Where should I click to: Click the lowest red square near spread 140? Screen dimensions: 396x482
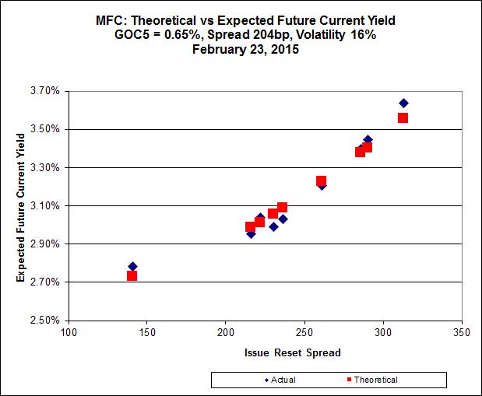click(132, 275)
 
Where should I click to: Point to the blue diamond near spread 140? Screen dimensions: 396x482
click(132, 266)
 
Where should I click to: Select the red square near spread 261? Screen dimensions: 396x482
click(321, 180)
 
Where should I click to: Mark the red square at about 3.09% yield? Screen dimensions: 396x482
click(282, 207)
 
